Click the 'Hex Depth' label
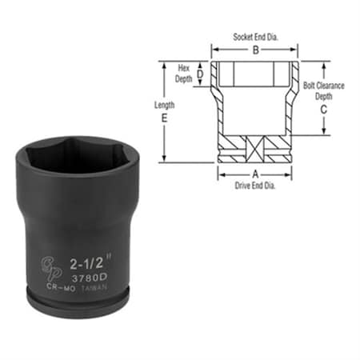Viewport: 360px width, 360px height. (182, 74)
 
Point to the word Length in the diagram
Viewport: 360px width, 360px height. (164, 104)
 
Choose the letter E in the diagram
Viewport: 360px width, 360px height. (164, 117)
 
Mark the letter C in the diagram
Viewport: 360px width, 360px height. (322, 108)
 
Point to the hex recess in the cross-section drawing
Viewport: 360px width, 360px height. (255, 74)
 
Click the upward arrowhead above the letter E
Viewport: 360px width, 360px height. (164, 63)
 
